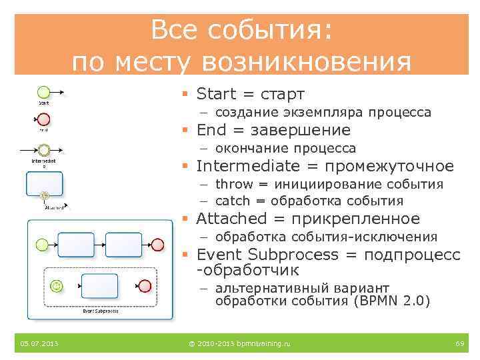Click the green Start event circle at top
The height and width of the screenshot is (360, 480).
point(43,92)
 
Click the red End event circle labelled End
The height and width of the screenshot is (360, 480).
point(43,119)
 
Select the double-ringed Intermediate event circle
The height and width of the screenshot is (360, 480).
point(43,151)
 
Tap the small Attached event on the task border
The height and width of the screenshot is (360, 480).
point(45,195)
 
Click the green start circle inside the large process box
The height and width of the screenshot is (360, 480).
point(43,244)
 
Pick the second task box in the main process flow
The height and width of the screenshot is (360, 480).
point(124,244)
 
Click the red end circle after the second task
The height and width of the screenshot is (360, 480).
point(157,244)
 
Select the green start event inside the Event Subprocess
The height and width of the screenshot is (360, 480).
point(57,286)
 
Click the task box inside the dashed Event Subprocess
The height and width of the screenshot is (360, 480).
point(99,286)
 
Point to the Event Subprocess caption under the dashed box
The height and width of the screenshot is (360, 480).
point(101,310)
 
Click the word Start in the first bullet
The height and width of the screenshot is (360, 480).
point(217,94)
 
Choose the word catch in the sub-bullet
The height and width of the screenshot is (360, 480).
point(233,201)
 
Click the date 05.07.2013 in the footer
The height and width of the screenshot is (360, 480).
point(39,343)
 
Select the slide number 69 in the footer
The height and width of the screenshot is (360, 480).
point(459,343)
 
